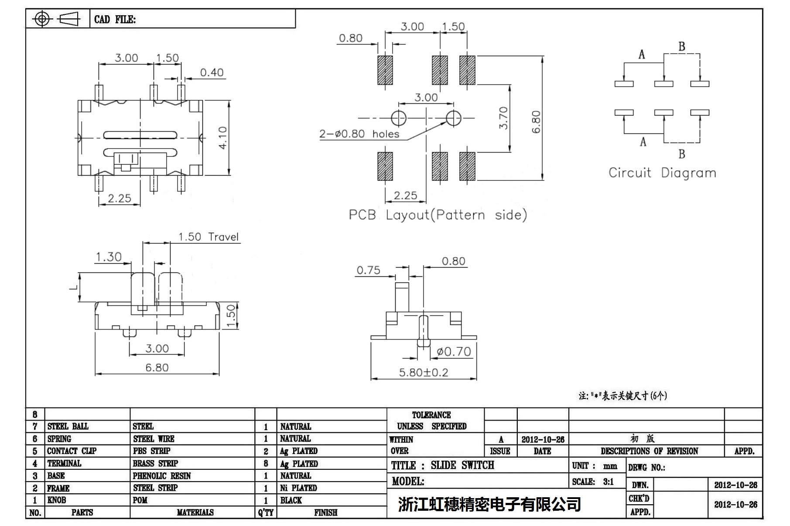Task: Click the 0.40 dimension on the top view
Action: click(x=212, y=72)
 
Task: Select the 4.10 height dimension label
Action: click(x=223, y=138)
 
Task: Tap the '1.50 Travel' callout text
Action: click(x=209, y=237)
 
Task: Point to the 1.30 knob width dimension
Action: click(x=108, y=257)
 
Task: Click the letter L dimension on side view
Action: click(x=75, y=286)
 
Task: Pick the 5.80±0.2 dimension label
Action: click(x=423, y=373)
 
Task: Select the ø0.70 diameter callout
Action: click(x=454, y=351)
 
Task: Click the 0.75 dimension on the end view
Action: click(x=368, y=270)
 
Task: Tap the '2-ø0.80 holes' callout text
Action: click(x=359, y=134)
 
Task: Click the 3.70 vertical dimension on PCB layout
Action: click(x=503, y=118)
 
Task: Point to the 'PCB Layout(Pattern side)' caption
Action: click(x=438, y=215)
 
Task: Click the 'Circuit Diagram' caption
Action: click(x=662, y=173)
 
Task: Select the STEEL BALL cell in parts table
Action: click(x=68, y=426)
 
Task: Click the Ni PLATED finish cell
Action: click(x=298, y=488)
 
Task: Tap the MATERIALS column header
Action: click(x=195, y=512)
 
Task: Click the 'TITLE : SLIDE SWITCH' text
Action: click(x=442, y=465)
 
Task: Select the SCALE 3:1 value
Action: click(x=608, y=482)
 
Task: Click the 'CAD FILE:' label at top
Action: click(x=115, y=20)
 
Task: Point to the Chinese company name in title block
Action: click(x=489, y=504)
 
